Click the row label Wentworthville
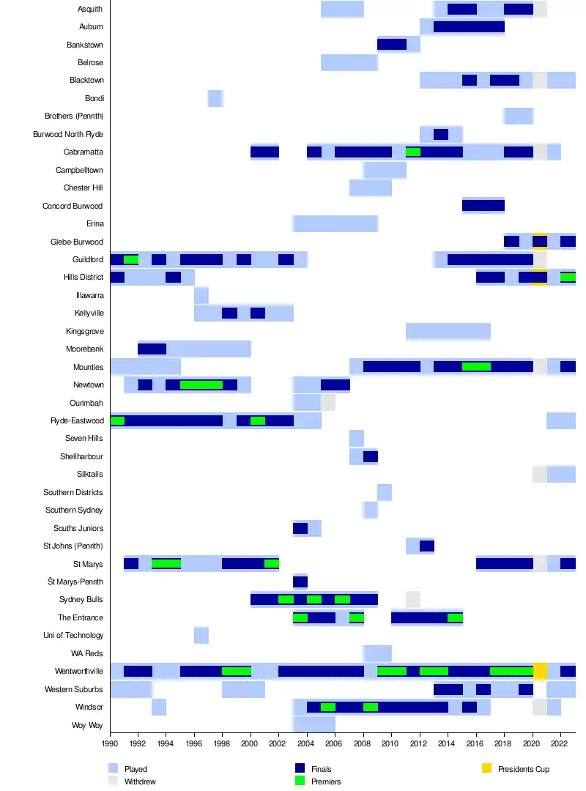click(x=78, y=672)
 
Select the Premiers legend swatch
click(x=299, y=781)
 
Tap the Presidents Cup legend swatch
click(x=486, y=769)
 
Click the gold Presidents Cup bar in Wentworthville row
click(x=540, y=671)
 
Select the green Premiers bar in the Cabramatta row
click(x=413, y=152)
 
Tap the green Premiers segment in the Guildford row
click(x=131, y=260)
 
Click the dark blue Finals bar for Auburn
click(x=469, y=27)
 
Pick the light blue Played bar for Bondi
click(x=215, y=98)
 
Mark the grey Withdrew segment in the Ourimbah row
click(x=328, y=403)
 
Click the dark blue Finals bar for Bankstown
click(x=392, y=45)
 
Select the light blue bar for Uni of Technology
click(x=201, y=635)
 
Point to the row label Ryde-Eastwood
click(x=77, y=420)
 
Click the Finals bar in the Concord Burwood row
click(x=483, y=206)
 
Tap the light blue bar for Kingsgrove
click(x=448, y=331)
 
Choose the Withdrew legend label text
click(x=140, y=781)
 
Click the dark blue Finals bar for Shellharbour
click(x=371, y=457)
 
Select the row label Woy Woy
click(x=86, y=725)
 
